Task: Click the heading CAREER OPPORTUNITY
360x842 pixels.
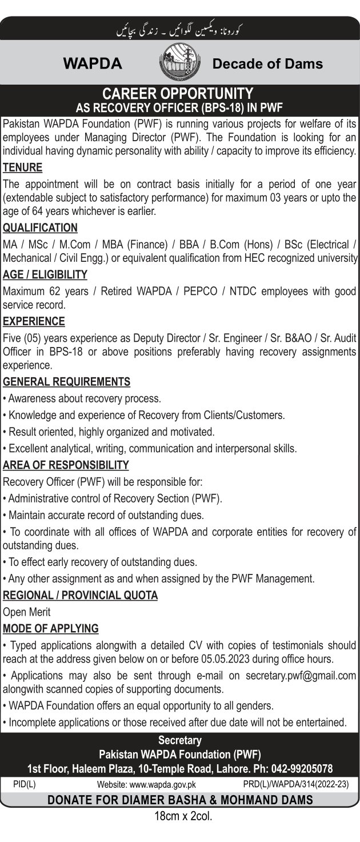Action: click(181, 92)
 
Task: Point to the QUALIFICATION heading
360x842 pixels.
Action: click(40, 228)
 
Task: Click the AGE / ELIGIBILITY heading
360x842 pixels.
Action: click(45, 275)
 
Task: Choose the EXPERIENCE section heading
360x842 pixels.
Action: click(34, 321)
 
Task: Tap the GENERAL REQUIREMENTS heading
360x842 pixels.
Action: click(67, 381)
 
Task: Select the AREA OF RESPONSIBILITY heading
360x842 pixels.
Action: click(66, 465)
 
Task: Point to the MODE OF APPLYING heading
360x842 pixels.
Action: click(51, 628)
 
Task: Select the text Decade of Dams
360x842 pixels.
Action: click(267, 63)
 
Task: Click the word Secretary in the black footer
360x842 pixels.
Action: click(180, 740)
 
